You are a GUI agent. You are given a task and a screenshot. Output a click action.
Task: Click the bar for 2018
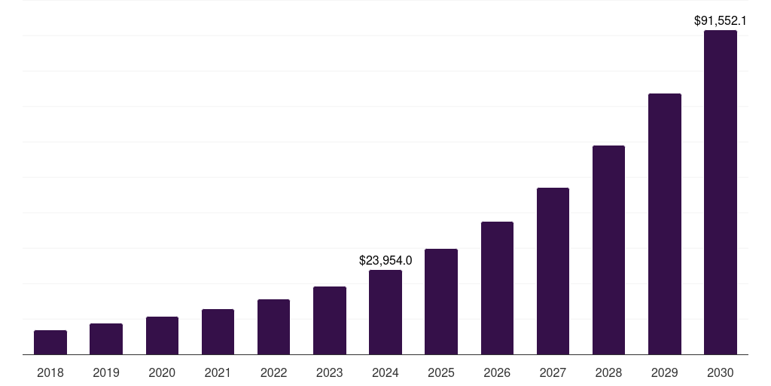click(50, 342)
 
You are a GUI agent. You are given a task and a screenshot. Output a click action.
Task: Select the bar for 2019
click(106, 339)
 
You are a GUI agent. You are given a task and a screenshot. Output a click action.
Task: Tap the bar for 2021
click(218, 332)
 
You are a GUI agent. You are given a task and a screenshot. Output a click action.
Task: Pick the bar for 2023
click(330, 320)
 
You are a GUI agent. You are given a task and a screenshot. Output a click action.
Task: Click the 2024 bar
click(385, 312)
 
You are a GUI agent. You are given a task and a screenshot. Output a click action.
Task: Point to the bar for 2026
click(497, 288)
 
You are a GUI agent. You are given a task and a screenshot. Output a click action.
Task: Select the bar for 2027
click(553, 271)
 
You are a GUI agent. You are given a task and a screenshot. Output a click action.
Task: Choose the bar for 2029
click(665, 224)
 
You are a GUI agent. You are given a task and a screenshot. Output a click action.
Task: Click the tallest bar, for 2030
click(721, 192)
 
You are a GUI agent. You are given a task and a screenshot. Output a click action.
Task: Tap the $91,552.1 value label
click(721, 21)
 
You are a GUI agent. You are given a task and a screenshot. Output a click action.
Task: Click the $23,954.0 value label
click(385, 261)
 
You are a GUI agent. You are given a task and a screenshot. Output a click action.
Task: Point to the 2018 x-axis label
click(50, 372)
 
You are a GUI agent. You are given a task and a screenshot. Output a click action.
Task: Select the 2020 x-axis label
click(162, 372)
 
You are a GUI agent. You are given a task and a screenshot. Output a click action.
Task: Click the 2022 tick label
click(273, 372)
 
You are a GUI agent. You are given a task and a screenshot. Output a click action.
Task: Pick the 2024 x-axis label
click(385, 372)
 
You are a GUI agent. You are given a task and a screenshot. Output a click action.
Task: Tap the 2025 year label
click(441, 372)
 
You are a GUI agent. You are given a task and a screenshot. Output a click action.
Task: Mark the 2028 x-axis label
click(608, 372)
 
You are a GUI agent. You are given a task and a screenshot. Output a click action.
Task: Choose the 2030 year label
click(721, 372)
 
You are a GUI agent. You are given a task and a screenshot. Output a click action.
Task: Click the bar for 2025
click(441, 302)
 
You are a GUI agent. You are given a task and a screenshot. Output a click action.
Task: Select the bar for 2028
click(608, 250)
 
